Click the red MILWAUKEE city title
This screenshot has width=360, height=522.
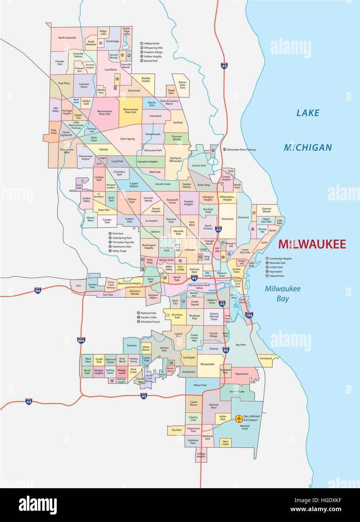pyautogui.click(x=312, y=244)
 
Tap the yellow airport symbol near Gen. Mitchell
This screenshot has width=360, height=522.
pyautogui.click(x=238, y=418)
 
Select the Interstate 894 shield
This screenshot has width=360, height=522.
pyautogui.click(x=81, y=341)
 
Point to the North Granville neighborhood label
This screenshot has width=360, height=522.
pyautogui.click(x=67, y=38)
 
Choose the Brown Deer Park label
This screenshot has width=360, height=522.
pyautogui.click(x=182, y=85)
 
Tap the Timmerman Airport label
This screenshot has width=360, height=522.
pyautogui.click(x=86, y=157)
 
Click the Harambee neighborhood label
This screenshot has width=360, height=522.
pyautogui.click(x=227, y=219)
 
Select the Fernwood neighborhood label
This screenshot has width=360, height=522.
pyautogui.click(x=266, y=358)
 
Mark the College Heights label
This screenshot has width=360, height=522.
pyautogui.click(x=201, y=455)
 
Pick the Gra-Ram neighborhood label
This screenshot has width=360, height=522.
pyautogui.click(x=176, y=430)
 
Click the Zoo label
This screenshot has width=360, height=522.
pyautogui.click(x=79, y=286)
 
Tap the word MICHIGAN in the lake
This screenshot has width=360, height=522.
pyautogui.click(x=308, y=148)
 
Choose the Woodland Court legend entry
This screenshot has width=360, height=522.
pyautogui.click(x=150, y=322)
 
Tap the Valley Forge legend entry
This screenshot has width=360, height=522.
pyautogui.click(x=119, y=251)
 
